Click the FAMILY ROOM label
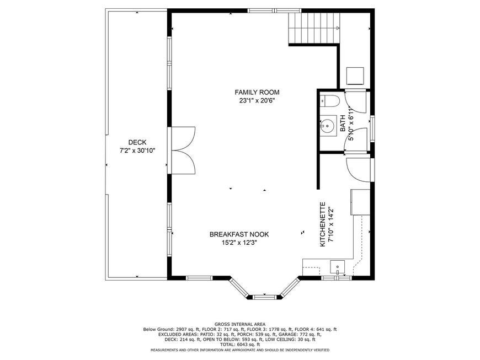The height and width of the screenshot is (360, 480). pyautogui.click(x=257, y=92)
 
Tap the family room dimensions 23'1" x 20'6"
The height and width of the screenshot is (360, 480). pyautogui.click(x=257, y=100)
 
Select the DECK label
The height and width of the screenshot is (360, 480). pyautogui.click(x=137, y=142)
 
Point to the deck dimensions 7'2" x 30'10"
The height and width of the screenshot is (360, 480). pyautogui.click(x=137, y=151)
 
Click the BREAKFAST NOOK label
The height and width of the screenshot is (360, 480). pyautogui.click(x=239, y=234)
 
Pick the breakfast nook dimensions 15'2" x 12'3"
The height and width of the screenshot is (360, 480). pyautogui.click(x=239, y=243)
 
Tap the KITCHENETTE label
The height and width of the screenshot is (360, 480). pyautogui.click(x=322, y=224)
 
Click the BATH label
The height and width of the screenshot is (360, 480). pyautogui.click(x=343, y=123)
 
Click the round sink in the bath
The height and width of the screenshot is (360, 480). pyautogui.click(x=328, y=125)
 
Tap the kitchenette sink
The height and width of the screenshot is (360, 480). pyautogui.click(x=337, y=267)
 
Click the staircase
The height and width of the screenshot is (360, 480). pyautogui.click(x=314, y=28)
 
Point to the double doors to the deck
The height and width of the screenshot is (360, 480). pyautogui.click(x=183, y=150)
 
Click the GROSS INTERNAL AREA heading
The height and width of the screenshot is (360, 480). pyautogui.click(x=240, y=324)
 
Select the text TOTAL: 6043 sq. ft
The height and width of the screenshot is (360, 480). pyautogui.click(x=240, y=345)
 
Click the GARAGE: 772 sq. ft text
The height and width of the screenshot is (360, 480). pyautogui.click(x=300, y=334)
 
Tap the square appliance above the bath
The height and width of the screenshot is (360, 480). pyautogui.click(x=355, y=76)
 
